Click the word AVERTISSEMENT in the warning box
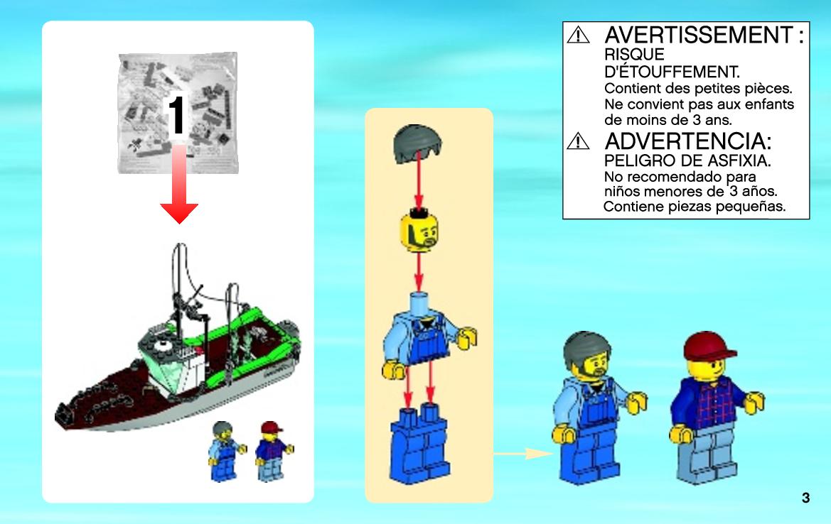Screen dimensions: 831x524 click(x=699, y=35)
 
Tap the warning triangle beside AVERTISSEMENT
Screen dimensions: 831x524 click(x=578, y=35)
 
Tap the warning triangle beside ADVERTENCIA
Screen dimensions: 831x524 click(x=578, y=141)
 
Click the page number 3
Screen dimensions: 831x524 click(x=805, y=498)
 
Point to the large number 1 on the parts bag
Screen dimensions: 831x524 click(x=176, y=115)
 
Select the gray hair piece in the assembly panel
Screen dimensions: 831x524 click(x=418, y=143)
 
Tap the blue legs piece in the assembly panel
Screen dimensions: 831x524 click(x=419, y=444)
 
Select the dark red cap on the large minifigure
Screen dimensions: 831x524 click(x=708, y=347)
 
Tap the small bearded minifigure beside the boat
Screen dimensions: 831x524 click(x=226, y=451)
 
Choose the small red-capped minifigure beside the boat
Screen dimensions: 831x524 click(x=273, y=451)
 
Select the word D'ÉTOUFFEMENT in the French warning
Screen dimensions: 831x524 click(x=672, y=72)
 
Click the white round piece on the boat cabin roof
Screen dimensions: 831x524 click(x=161, y=346)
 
